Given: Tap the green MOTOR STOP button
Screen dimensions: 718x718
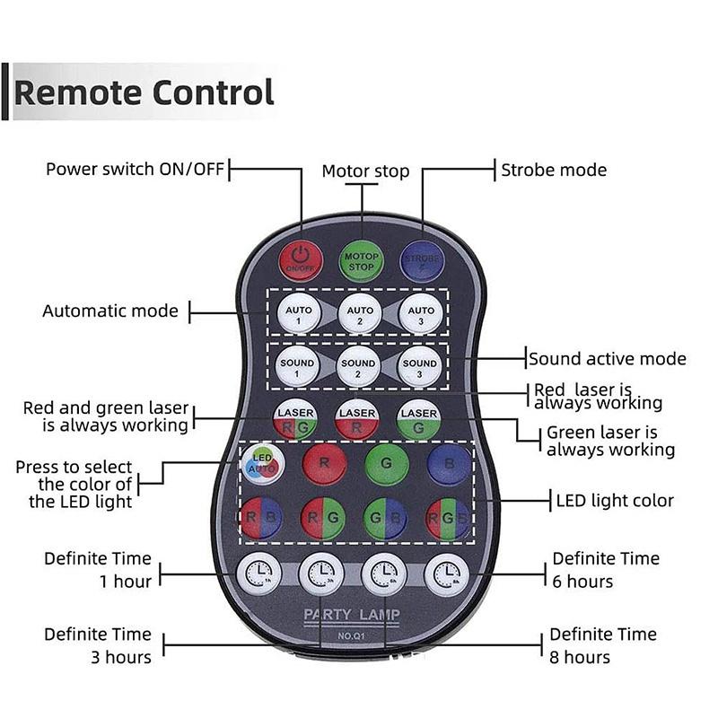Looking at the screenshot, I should (362, 261).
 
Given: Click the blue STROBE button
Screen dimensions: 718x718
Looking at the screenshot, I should (421, 260).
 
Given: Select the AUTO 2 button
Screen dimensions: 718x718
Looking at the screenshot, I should (359, 315).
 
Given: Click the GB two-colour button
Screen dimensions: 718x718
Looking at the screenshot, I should (386, 519).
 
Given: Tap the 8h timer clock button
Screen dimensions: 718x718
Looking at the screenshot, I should (446, 574).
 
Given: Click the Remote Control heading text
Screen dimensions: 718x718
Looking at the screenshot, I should (144, 92).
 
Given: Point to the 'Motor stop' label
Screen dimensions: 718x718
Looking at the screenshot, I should (365, 171).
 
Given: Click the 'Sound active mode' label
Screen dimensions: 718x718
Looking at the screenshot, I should (608, 359).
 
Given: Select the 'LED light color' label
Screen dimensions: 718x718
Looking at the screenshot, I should (615, 501).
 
